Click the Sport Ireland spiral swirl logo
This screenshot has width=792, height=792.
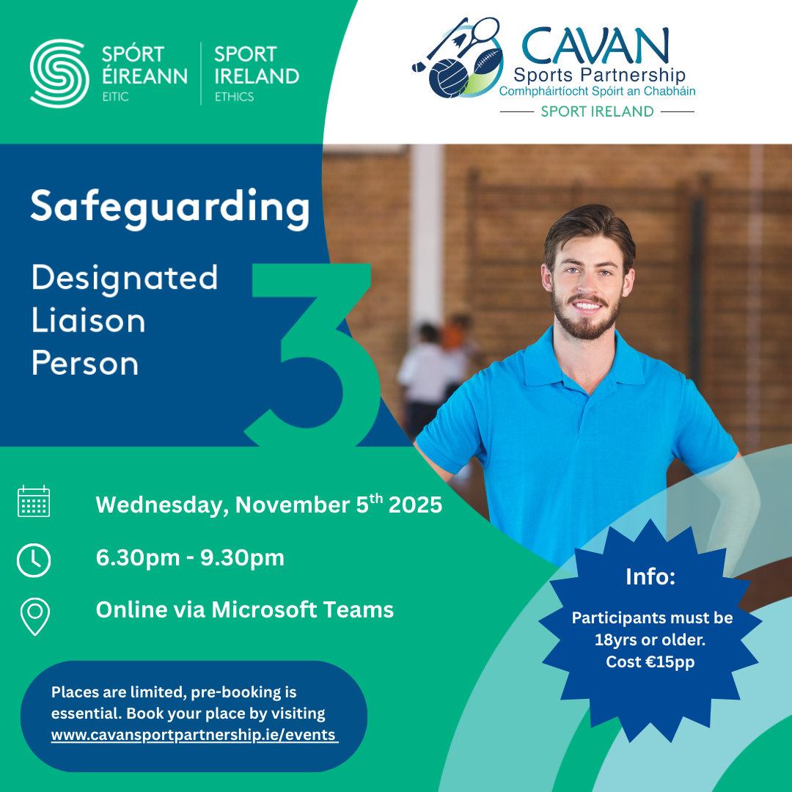coord(59,73)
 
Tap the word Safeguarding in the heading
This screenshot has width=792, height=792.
coord(170,208)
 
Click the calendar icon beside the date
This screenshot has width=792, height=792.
coord(34,501)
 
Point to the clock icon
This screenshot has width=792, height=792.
coord(34,560)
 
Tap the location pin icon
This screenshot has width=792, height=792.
coord(35,616)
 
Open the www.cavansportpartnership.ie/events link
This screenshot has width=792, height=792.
coord(194,735)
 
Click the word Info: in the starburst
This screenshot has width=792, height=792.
coord(650,576)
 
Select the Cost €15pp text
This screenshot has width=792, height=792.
coord(650,661)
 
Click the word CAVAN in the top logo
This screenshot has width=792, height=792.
coord(595,46)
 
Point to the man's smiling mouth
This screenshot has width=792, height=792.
coord(587,305)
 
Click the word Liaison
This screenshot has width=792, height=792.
coord(89,320)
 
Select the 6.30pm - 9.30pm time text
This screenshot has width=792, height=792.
coord(190,557)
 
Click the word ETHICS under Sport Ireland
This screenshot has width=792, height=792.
coord(235,97)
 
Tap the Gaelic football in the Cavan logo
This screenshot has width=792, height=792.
coord(449,78)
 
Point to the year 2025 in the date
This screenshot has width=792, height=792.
coord(415,505)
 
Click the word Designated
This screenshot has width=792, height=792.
coord(125,279)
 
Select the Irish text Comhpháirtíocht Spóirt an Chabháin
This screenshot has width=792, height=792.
coord(597,92)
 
